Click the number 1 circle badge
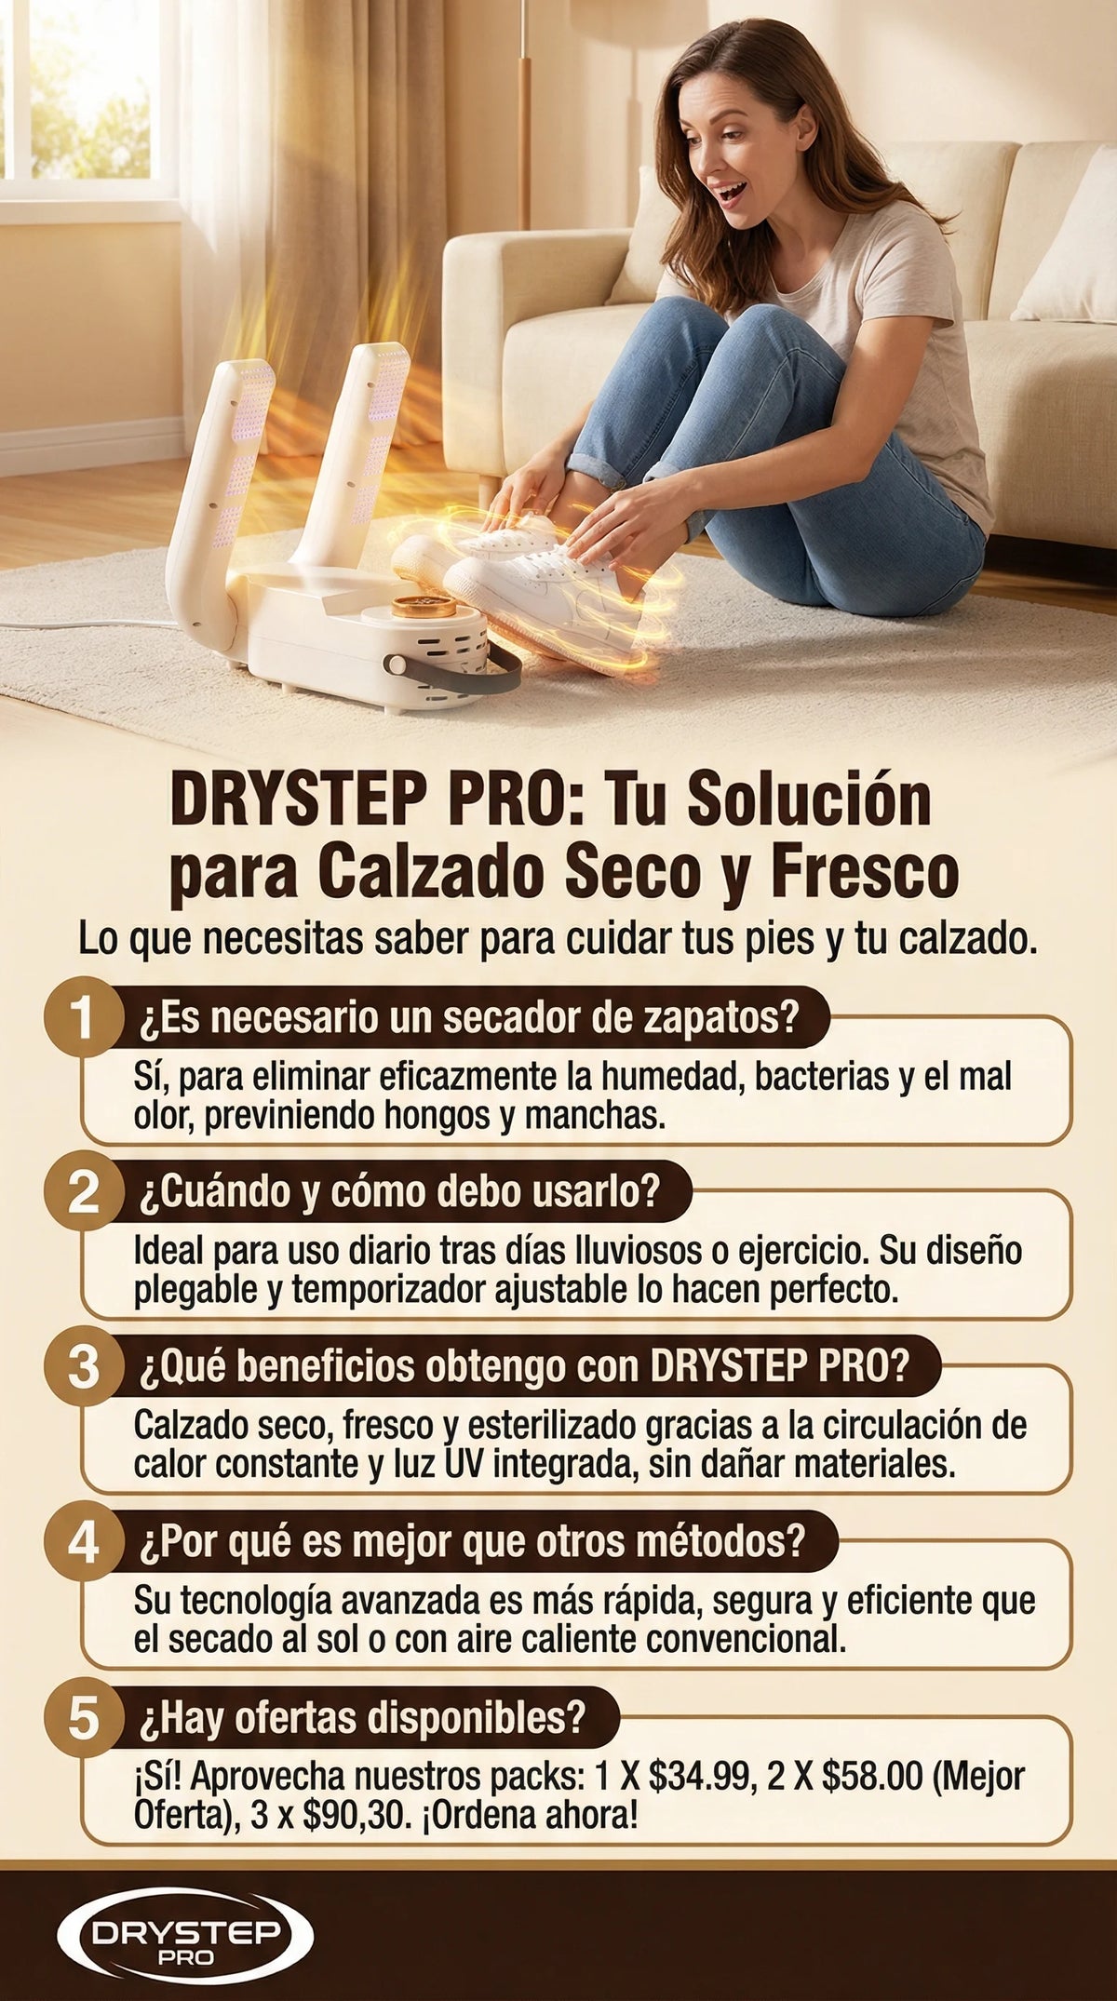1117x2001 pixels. (84, 1018)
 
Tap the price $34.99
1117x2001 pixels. (699, 1777)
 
